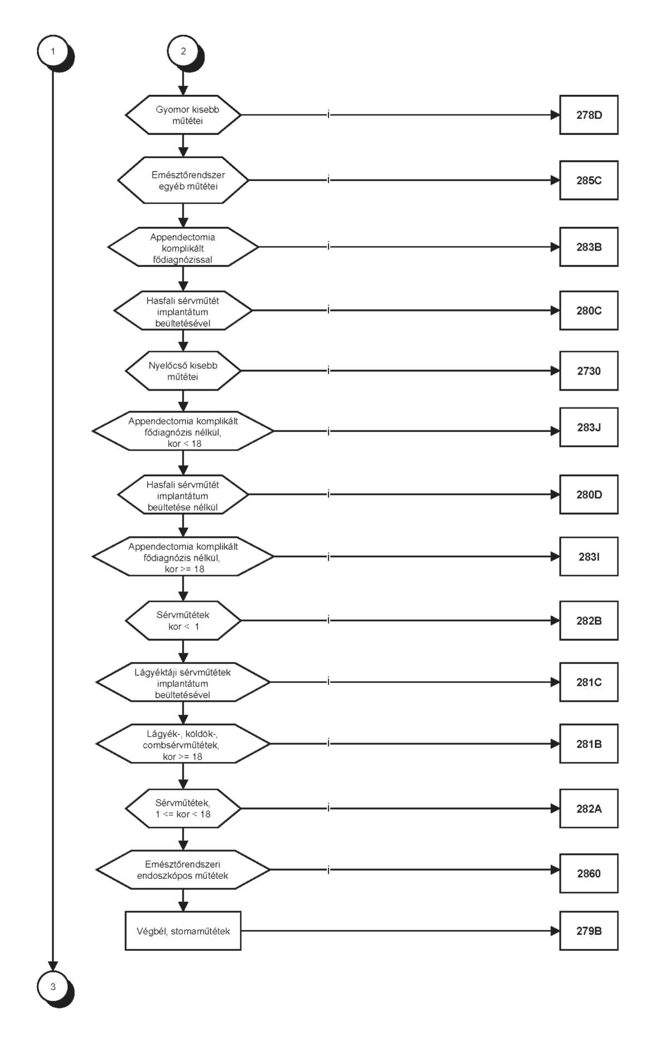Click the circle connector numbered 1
[53, 51]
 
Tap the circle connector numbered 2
[183, 51]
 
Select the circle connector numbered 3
[53, 986]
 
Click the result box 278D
[588, 115]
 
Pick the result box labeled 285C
[588, 181]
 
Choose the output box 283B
[588, 247]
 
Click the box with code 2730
[588, 371]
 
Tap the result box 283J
[588, 427]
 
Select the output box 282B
[588, 621]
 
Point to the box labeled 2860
[588, 873]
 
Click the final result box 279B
[588, 931]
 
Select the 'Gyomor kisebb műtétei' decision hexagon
[183, 115]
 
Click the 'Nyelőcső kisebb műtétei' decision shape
[183, 371]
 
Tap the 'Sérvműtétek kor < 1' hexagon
[183, 621]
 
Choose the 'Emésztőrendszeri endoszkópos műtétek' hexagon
[183, 870]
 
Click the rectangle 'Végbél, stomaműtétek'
[183, 931]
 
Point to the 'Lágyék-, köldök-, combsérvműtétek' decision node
[183, 744]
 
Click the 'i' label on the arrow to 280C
[328, 310]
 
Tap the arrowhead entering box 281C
[555, 682]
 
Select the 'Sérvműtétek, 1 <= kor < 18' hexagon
[183, 808]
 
